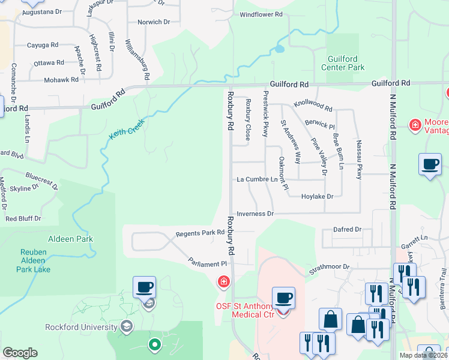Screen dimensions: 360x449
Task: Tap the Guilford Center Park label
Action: coord(346,64)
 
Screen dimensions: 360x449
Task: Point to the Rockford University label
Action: coord(81,327)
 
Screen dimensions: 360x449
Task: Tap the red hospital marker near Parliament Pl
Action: coord(224,281)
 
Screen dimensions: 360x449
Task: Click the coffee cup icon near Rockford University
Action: coord(144,287)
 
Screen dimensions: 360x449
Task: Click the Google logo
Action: coord(20,352)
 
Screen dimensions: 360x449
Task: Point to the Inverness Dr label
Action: coord(255,214)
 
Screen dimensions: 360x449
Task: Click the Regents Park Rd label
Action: coord(196,233)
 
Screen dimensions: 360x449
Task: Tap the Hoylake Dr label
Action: coord(317,196)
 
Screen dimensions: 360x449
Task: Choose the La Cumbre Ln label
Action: coord(258,179)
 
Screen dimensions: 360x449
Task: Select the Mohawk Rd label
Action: coord(62,79)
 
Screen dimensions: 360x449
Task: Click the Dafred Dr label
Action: coord(348,229)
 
